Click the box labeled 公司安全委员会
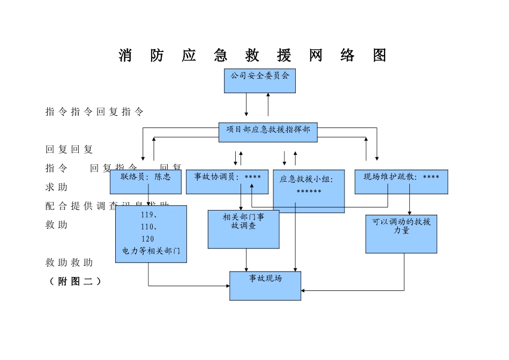click(259, 81)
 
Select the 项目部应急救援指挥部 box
click(268, 132)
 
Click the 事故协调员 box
click(227, 182)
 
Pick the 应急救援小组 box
click(309, 191)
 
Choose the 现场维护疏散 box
click(401, 182)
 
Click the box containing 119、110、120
click(151, 234)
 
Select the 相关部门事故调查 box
click(243, 229)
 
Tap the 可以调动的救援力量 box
click(401, 234)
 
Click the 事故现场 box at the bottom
click(265, 286)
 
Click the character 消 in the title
click(125, 55)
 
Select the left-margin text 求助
click(56, 187)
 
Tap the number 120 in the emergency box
click(147, 239)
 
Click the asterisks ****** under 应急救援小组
click(309, 192)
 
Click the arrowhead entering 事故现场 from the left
click(228, 286)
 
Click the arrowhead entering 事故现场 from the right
click(303, 290)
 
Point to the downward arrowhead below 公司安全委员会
click(246, 114)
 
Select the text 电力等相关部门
click(151, 250)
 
